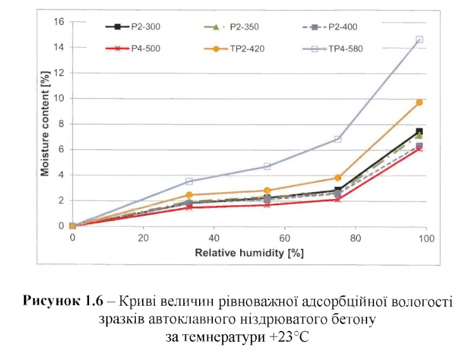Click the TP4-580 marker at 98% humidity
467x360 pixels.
click(419, 39)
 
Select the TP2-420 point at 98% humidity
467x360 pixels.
click(419, 102)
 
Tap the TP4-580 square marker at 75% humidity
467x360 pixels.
click(338, 139)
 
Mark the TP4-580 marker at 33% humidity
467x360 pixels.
click(189, 181)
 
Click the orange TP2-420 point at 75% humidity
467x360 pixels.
click(338, 177)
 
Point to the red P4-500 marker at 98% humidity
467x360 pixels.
click(419, 148)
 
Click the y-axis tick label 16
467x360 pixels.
click(59, 21)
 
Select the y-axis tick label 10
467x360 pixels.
click(59, 98)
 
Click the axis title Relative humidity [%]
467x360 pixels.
click(250, 253)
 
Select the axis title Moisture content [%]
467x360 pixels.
click(45, 124)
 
